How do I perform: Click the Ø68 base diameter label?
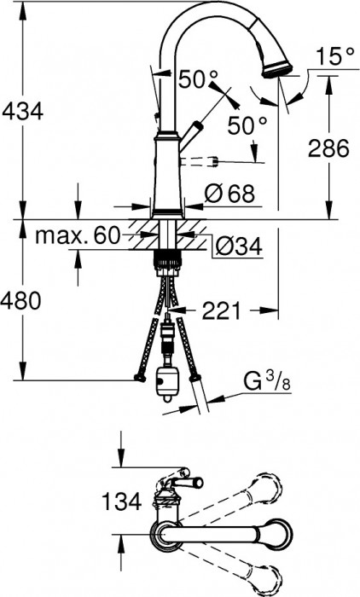point(229,194)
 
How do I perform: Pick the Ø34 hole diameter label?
point(235,247)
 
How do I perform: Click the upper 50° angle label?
point(199,79)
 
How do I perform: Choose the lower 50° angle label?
point(248,126)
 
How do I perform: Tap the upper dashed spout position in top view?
point(260,490)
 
